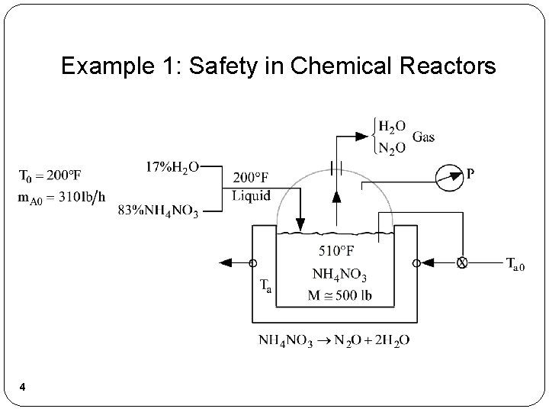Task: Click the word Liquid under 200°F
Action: click(x=251, y=195)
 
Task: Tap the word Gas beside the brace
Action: click(x=423, y=137)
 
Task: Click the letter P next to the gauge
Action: click(x=470, y=174)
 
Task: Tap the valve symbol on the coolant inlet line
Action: click(x=461, y=263)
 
